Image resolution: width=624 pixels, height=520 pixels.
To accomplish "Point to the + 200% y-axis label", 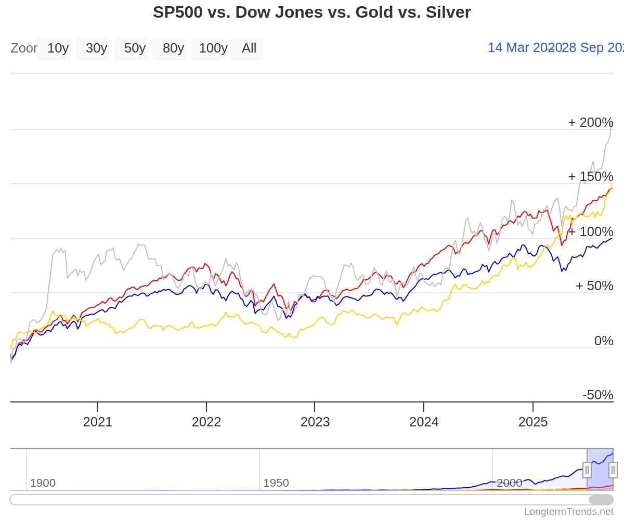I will (590, 123).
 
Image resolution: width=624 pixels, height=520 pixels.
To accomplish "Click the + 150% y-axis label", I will (590, 177).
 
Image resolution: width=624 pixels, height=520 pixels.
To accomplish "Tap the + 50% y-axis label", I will (594, 286).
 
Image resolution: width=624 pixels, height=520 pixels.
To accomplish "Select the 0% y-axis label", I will (603, 341).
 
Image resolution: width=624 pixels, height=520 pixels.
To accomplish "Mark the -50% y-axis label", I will (597, 395).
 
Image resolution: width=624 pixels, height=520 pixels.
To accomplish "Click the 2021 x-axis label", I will (97, 422).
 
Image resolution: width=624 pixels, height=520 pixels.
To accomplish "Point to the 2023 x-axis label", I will (315, 422).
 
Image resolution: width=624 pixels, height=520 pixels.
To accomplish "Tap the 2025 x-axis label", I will (533, 422).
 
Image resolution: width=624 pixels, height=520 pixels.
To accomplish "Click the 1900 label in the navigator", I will (43, 483).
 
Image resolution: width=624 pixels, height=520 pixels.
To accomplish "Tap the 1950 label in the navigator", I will (276, 483).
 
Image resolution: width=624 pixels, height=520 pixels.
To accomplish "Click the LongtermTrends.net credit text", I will (568, 512).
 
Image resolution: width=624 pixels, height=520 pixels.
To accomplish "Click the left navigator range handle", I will (587, 470).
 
